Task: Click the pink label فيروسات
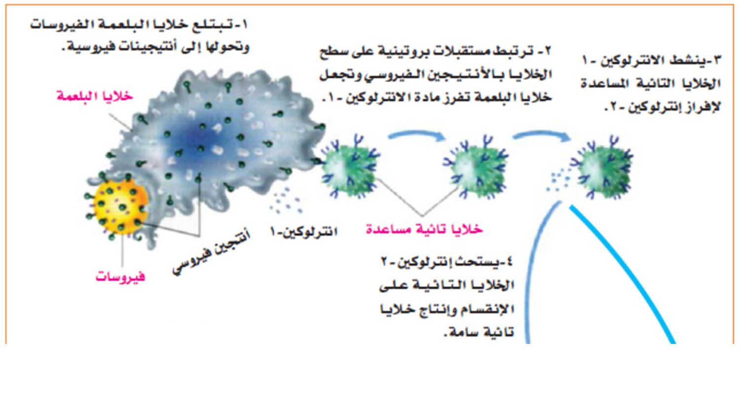click(x=120, y=276)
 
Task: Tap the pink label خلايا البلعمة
click(x=95, y=96)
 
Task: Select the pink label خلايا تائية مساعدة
click(x=424, y=229)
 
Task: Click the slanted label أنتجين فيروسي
click(x=212, y=253)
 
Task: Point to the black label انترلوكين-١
click(x=304, y=231)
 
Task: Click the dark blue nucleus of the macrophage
click(x=198, y=139)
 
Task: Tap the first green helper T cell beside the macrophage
click(x=350, y=167)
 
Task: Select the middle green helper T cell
click(x=478, y=167)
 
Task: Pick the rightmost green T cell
click(x=603, y=167)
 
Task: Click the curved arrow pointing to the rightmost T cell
click(x=542, y=134)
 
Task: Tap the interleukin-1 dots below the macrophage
click(x=286, y=201)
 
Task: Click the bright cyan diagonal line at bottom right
click(x=623, y=274)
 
